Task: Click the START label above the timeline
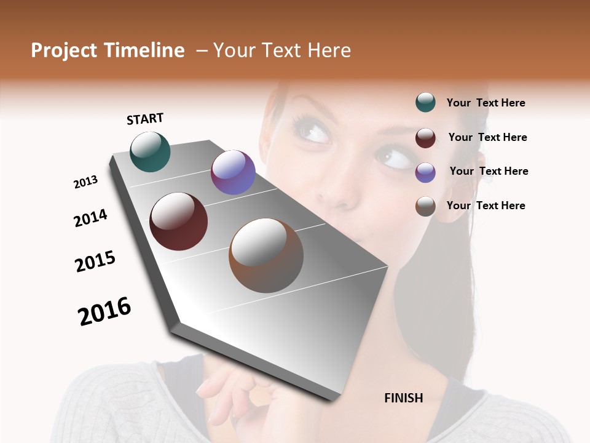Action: pos(145,119)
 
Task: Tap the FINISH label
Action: pos(403,398)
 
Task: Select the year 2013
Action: pos(85,182)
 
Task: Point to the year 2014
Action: pos(90,218)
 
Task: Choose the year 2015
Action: pos(95,261)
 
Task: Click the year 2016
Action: pos(104,311)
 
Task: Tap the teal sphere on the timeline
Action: pos(150,152)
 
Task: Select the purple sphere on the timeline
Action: pos(233,172)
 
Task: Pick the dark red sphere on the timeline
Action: pos(178,221)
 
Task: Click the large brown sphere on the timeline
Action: pos(266,255)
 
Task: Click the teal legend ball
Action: pos(425,103)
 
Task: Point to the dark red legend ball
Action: pos(425,137)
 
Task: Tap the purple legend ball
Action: pos(425,172)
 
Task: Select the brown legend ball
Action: pos(425,206)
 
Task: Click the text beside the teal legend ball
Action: pos(486,103)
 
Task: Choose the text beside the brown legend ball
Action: pos(486,206)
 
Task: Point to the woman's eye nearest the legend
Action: pos(396,159)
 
